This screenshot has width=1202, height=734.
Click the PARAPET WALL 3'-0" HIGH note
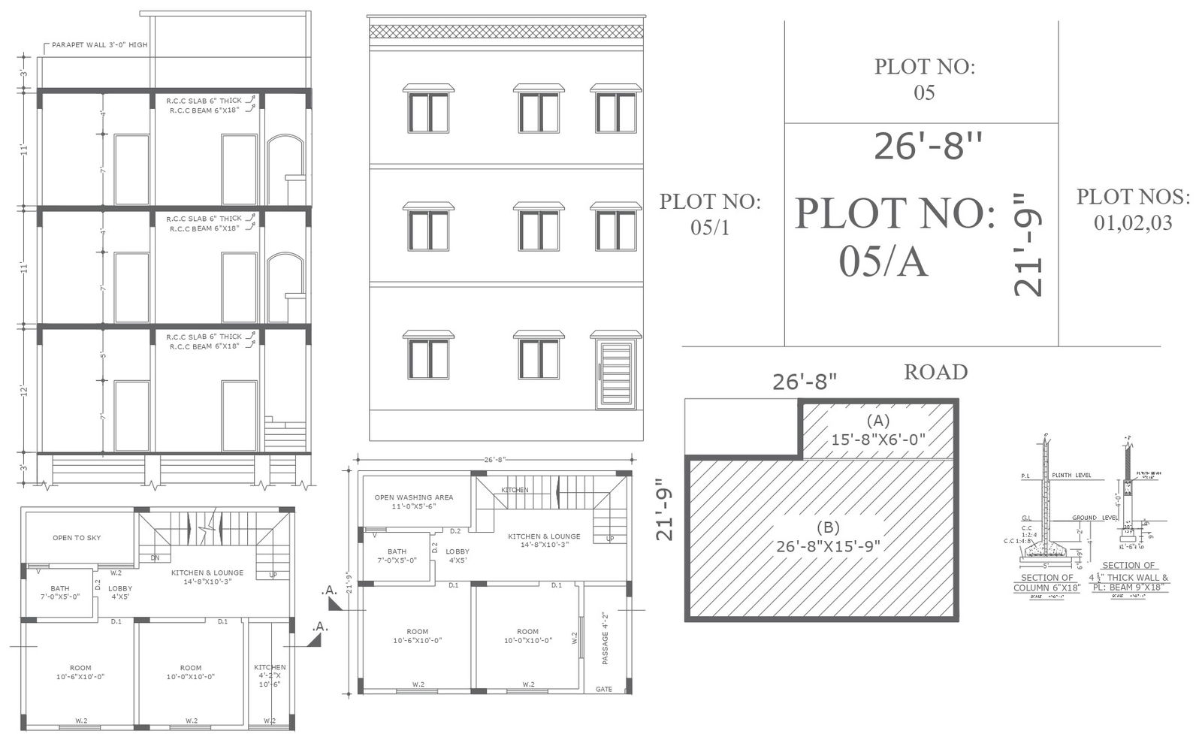[99, 45]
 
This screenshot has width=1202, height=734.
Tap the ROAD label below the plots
[935, 372]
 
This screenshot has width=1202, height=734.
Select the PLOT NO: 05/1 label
[710, 214]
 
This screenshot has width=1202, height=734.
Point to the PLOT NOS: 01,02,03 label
[1133, 210]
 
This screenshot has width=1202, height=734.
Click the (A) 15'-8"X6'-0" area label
[877, 430]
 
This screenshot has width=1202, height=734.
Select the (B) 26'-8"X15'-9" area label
[828, 536]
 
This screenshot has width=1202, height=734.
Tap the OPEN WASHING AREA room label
[414, 502]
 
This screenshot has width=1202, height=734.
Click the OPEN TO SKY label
[77, 538]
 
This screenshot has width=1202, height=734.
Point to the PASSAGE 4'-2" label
[606, 639]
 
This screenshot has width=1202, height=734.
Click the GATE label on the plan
[604, 689]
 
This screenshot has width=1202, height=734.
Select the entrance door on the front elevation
[615, 375]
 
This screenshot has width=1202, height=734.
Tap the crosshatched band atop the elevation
[506, 32]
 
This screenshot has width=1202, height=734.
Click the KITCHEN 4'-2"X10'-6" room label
[270, 675]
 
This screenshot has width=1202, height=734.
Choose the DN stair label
[155, 558]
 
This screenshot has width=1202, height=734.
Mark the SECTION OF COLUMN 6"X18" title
[1046, 583]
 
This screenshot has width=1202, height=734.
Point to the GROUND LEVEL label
[1095, 518]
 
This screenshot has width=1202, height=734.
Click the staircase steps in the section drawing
[285, 436]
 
